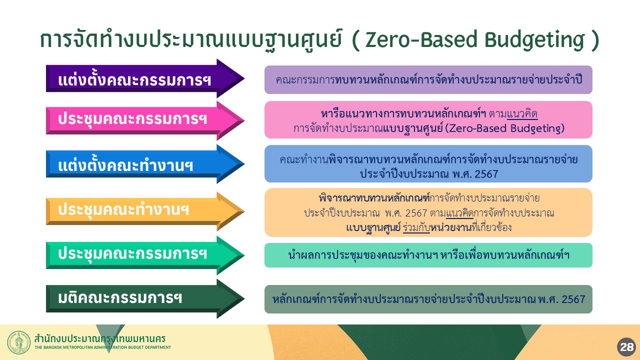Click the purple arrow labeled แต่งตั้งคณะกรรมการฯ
click(x=145, y=78)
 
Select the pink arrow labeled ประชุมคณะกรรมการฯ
click(x=145, y=120)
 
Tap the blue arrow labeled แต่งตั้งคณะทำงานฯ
click(x=145, y=164)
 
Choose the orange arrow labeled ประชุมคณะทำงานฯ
click(x=145, y=211)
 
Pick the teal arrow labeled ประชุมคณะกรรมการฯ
click(x=145, y=255)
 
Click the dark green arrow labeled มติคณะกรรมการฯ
click(x=145, y=299)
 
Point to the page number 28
click(x=627, y=347)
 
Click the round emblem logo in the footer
click(x=19, y=342)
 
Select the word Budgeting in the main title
click(x=534, y=40)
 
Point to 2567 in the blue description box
click(x=486, y=174)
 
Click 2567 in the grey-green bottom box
click(x=573, y=299)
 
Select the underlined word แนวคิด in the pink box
click(x=522, y=114)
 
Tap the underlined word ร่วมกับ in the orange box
click(x=416, y=227)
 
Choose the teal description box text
click(x=428, y=255)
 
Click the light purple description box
click(x=428, y=79)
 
